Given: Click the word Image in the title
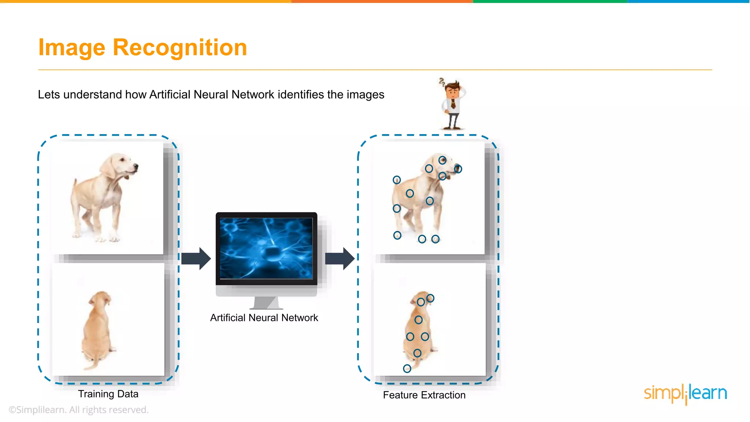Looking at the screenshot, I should (x=72, y=48).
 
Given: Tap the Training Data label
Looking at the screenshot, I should (x=108, y=394).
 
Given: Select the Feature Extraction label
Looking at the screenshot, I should (x=424, y=395).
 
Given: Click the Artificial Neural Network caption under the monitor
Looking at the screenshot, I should (x=264, y=318).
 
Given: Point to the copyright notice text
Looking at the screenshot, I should (x=78, y=410).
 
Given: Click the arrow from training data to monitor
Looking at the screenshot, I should (x=196, y=259).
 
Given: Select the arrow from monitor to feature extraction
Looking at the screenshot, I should (x=339, y=259).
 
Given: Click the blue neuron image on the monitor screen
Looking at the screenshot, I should (x=266, y=248).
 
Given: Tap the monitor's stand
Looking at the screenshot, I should (x=266, y=303).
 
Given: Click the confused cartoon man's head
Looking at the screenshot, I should (x=453, y=89).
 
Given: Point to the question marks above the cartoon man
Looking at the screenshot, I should (x=442, y=82).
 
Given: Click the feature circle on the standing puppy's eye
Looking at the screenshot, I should (x=442, y=160).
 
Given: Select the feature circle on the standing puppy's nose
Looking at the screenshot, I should (x=458, y=169).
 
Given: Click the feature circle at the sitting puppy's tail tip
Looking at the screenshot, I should (x=407, y=369).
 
